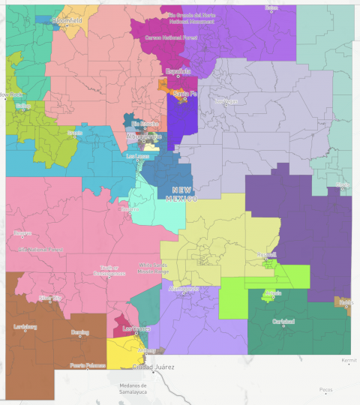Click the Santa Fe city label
pyautogui.click(x=180, y=94)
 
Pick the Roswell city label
pyautogui.click(x=266, y=255)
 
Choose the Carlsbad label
pyautogui.click(x=283, y=321)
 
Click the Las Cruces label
pyautogui.click(x=135, y=328)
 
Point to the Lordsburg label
pyautogui.click(x=25, y=327)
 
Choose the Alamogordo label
pyautogui.click(x=182, y=288)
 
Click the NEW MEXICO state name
pyautogui.click(x=183, y=193)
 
